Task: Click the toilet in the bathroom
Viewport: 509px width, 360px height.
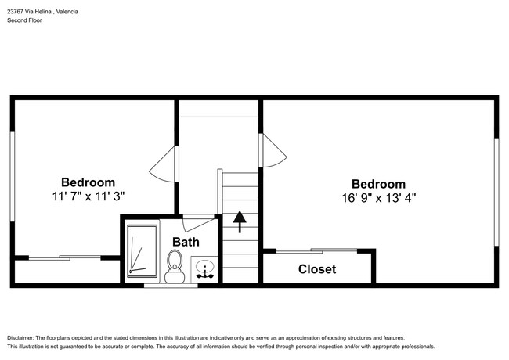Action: (175, 266)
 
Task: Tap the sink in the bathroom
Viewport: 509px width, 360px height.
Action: (205, 269)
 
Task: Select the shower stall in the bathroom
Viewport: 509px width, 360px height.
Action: (143, 251)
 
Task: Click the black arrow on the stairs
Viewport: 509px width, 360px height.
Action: (240, 221)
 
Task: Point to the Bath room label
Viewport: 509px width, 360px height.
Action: (186, 242)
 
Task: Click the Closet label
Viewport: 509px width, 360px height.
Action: (317, 269)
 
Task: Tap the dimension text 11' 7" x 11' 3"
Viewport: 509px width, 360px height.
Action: (88, 196)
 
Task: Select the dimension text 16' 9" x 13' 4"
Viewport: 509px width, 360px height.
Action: (378, 198)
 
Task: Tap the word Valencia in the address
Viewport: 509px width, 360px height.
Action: (67, 12)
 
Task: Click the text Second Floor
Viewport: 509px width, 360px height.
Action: (24, 20)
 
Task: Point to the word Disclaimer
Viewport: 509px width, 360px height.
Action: (20, 338)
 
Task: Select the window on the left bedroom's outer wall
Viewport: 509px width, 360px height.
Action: (13, 177)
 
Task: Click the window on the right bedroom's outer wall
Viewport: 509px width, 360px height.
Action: (496, 192)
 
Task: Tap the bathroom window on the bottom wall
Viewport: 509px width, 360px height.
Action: (171, 286)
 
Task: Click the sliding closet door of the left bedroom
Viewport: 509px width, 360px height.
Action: (64, 257)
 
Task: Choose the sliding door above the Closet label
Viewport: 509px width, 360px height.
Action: (316, 250)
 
